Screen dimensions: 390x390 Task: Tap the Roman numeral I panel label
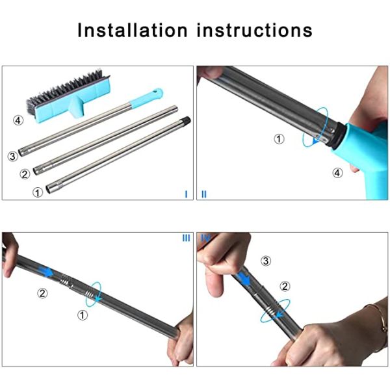pyautogui.click(x=186, y=194)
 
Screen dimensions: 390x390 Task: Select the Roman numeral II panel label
pyautogui.click(x=203, y=194)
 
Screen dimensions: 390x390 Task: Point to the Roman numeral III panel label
pyautogui.click(x=186, y=238)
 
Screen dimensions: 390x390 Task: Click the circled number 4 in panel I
pyautogui.click(x=19, y=120)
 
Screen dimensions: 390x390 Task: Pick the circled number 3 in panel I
pyautogui.click(x=12, y=156)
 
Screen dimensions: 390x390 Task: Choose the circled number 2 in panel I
pyautogui.click(x=25, y=174)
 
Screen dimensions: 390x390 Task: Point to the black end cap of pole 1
pyautogui.click(x=186, y=120)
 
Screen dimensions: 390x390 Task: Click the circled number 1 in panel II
pyautogui.click(x=279, y=138)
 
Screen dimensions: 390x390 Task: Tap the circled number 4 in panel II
pyautogui.click(x=337, y=172)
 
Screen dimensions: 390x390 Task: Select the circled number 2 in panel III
pyautogui.click(x=42, y=293)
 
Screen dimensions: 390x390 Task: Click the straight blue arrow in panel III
pyautogui.click(x=44, y=271)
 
